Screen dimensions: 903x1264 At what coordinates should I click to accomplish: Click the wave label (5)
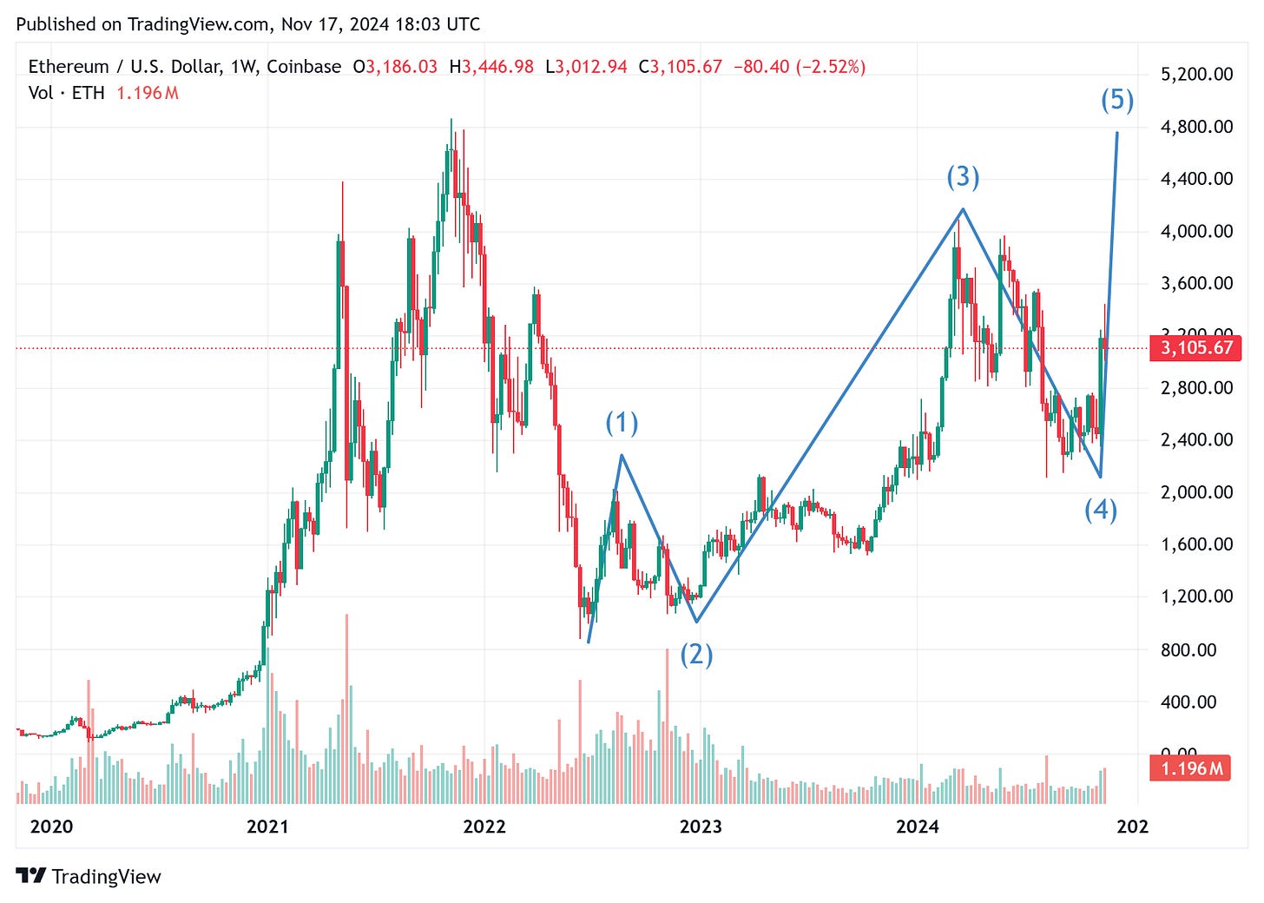[x=1117, y=101]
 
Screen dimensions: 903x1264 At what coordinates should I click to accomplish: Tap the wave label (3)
[x=963, y=177]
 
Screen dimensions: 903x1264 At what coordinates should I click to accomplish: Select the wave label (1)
[x=622, y=423]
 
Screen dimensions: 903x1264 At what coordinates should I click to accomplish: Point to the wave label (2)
[x=696, y=654]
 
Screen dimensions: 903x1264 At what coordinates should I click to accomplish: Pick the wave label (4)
[x=1101, y=510]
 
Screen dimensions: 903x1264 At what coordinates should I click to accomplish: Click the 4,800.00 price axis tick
[x=1196, y=127]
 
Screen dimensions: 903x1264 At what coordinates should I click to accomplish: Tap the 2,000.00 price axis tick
[x=1196, y=492]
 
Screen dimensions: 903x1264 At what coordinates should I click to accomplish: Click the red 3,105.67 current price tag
[x=1196, y=348]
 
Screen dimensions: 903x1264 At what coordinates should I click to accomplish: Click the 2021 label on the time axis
[x=267, y=826]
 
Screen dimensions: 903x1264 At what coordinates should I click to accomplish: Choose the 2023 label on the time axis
[x=701, y=826]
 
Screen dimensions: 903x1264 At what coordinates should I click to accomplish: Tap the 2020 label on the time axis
[x=51, y=826]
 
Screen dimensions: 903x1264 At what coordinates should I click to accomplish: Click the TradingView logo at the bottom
[x=89, y=876]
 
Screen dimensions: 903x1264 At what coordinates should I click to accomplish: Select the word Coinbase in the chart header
[x=304, y=67]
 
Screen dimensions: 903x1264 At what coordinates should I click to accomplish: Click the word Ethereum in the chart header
[x=68, y=67]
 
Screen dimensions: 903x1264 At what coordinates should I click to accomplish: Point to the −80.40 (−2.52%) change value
[x=799, y=67]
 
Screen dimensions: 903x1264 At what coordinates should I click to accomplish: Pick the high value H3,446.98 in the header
[x=490, y=67]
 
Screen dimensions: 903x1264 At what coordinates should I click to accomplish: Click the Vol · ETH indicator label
[x=66, y=93]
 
